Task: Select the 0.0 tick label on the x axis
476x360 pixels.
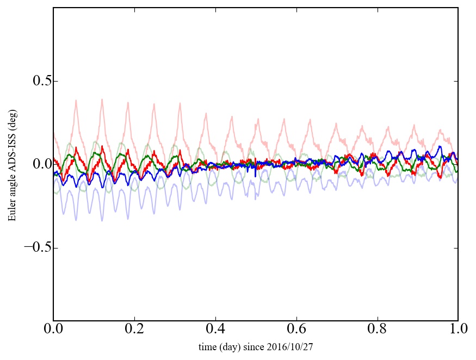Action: (x=53, y=330)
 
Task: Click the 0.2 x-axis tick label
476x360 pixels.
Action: (x=134, y=330)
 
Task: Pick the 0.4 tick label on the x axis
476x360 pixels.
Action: (x=215, y=330)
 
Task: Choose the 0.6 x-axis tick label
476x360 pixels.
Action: (x=296, y=330)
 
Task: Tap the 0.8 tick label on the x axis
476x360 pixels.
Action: (x=377, y=330)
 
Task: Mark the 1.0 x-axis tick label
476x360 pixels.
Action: (x=458, y=330)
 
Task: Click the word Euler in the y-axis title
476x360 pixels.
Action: (x=12, y=212)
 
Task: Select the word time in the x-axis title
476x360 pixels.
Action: (x=207, y=346)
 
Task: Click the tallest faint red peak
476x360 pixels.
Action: (x=102, y=100)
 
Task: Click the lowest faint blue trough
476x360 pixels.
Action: (x=76, y=220)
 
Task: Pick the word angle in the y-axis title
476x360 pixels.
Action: (x=12, y=184)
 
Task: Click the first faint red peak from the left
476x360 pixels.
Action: (x=76, y=101)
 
